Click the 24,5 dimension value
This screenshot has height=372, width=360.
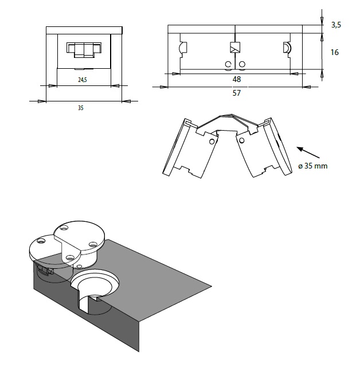(83, 80)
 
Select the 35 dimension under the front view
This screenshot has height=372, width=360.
(81, 108)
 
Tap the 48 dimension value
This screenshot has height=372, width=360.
(237, 79)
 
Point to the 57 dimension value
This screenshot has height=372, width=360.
(237, 93)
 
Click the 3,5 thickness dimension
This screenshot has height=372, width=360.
(336, 25)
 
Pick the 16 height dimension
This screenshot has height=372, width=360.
(335, 52)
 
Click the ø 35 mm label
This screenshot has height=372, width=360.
(313, 166)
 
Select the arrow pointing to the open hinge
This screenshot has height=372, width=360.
(308, 152)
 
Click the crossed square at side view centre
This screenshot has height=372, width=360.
(235, 47)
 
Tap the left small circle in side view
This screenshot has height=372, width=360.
(228, 64)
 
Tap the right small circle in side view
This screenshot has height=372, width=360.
(242, 64)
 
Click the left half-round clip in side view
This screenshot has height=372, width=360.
(182, 47)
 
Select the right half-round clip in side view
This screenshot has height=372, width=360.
(287, 47)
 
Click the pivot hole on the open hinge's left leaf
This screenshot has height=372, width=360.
(212, 142)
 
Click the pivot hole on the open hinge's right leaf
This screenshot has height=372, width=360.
(241, 140)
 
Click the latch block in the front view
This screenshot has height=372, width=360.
(84, 50)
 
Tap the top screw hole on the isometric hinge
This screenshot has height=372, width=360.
(64, 228)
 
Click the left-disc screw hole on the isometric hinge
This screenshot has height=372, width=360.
(41, 241)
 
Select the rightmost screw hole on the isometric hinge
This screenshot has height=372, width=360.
(93, 244)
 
